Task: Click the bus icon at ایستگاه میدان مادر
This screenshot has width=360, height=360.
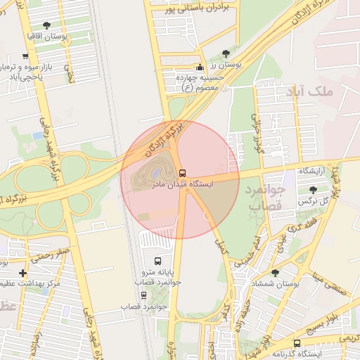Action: click(182, 173)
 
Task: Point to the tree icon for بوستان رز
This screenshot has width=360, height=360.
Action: click(226, 53)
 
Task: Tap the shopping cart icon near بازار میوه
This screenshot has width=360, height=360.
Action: click(25, 56)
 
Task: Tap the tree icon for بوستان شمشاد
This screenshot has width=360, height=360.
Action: click(274, 271)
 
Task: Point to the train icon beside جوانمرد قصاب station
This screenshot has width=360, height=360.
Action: click(144, 295)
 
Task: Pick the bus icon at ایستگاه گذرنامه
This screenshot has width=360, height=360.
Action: click(297, 343)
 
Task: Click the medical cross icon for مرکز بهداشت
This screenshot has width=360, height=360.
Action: click(23, 272)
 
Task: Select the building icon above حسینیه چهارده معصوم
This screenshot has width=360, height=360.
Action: click(200, 67)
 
